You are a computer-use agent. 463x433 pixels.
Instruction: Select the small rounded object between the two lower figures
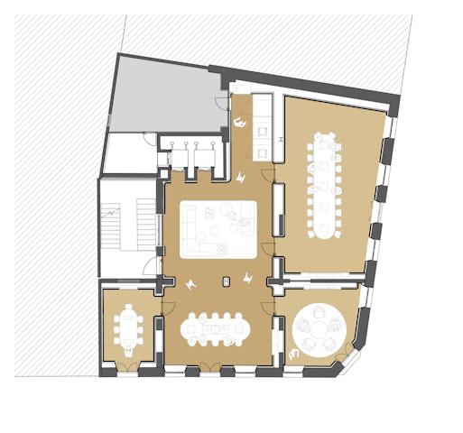pos(223,281)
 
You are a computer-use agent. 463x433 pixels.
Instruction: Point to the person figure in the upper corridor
pos(240,121)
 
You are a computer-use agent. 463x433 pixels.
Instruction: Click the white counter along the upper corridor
pos(263,113)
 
